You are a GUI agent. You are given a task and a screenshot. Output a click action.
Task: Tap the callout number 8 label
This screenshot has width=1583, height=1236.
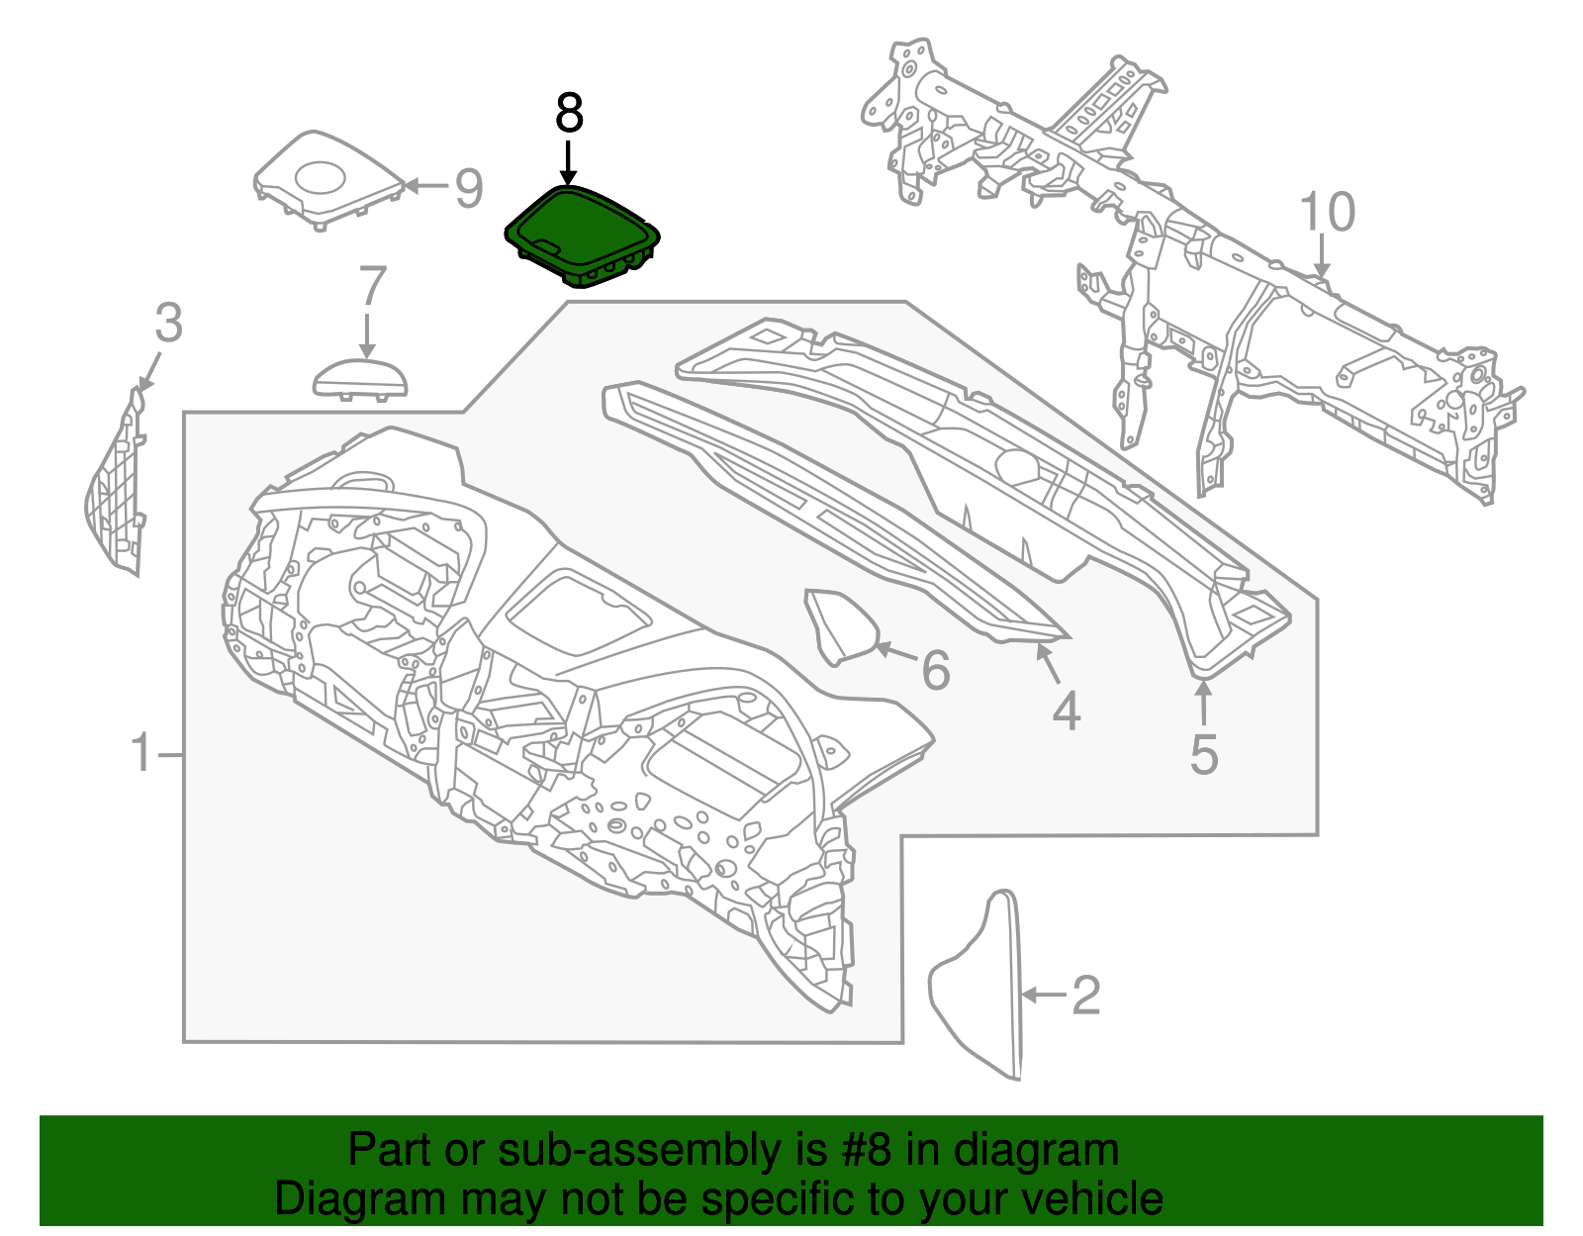[x=569, y=114]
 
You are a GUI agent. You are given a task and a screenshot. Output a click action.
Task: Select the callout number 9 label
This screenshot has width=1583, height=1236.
[x=468, y=188]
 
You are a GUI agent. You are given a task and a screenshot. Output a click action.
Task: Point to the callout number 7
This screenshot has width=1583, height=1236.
[x=371, y=287]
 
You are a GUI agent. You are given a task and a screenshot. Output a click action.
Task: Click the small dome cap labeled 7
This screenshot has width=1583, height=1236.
[x=360, y=379]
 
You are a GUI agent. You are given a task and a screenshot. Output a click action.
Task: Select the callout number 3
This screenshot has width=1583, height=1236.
[x=169, y=324]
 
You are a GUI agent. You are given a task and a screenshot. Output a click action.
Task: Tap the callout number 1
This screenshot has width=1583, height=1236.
[x=143, y=754]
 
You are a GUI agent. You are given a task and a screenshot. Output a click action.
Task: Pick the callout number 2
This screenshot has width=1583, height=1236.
[x=1085, y=995]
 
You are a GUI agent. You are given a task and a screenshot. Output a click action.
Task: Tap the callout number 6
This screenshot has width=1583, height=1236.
[x=935, y=670]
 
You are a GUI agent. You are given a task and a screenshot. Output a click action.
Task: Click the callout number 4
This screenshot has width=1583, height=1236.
[x=1066, y=711]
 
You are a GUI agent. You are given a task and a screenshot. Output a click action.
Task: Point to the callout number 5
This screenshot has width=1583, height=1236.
[x=1203, y=754]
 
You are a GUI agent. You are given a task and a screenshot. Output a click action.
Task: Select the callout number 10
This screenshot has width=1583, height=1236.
[x=1326, y=213]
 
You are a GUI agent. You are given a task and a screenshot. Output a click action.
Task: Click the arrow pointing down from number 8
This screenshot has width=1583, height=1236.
[x=568, y=161]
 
